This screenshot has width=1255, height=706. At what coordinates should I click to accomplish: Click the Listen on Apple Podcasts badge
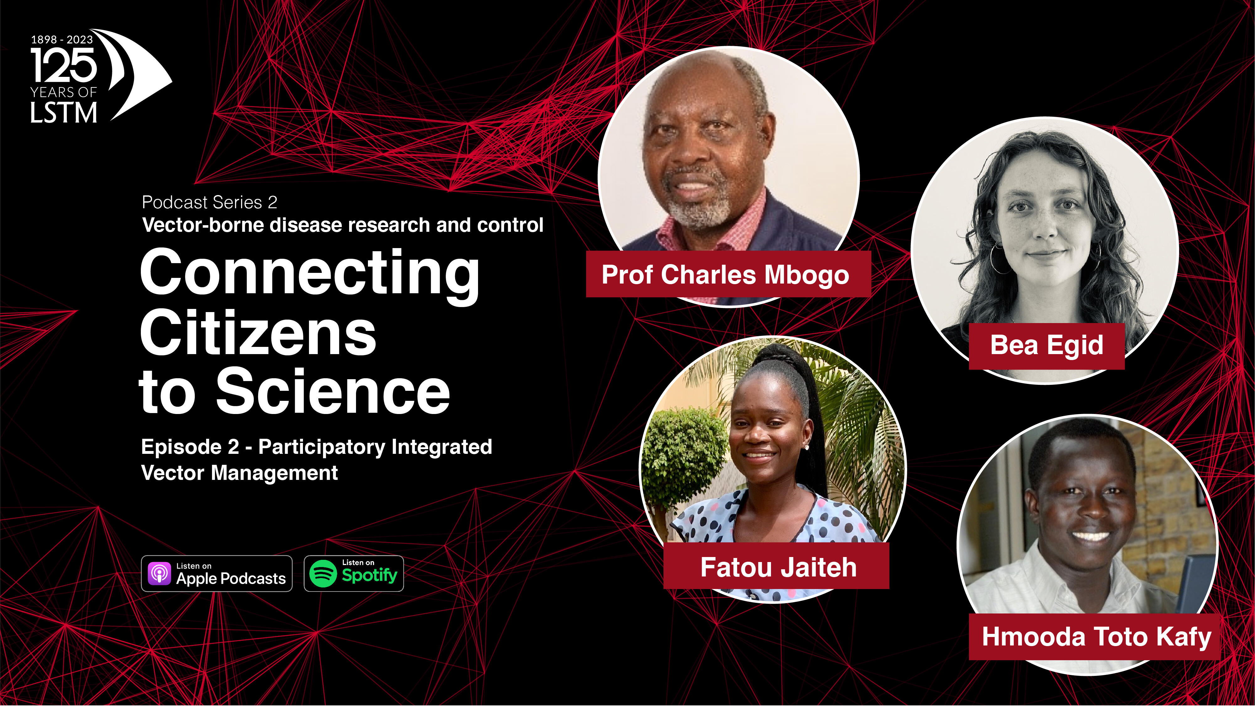(216, 573)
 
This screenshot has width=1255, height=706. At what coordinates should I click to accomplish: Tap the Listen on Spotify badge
(354, 573)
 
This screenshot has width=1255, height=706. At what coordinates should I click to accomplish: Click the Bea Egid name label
(1046, 345)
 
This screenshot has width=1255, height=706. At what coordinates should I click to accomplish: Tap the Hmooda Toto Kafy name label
(1094, 637)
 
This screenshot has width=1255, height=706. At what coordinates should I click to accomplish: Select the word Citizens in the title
(258, 334)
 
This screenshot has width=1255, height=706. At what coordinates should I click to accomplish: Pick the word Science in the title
(333, 391)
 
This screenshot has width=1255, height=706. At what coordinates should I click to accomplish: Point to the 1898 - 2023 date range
(62, 40)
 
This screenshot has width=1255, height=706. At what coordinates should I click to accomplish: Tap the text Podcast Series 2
(210, 202)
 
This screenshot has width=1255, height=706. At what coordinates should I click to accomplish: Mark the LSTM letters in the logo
(64, 113)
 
